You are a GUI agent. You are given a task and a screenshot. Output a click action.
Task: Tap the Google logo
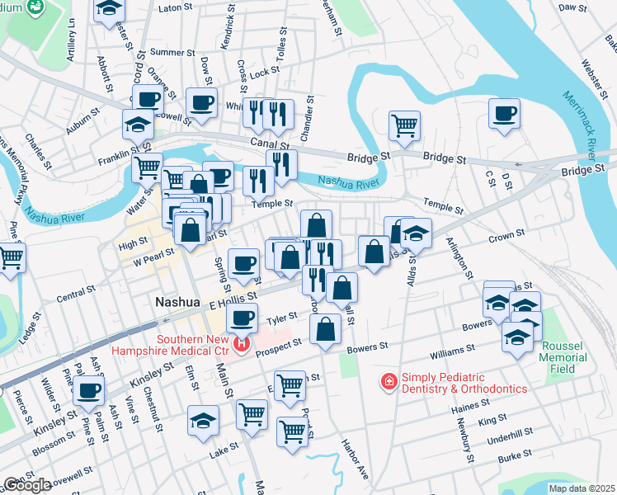coord(26,484)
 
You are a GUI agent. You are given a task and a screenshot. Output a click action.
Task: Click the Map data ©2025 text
coord(581,488)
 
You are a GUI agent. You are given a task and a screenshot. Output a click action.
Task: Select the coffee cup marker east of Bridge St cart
coord(504,115)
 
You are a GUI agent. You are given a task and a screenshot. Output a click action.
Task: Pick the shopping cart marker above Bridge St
coord(404,126)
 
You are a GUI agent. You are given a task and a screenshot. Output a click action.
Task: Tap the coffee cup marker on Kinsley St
coord(88,392)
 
